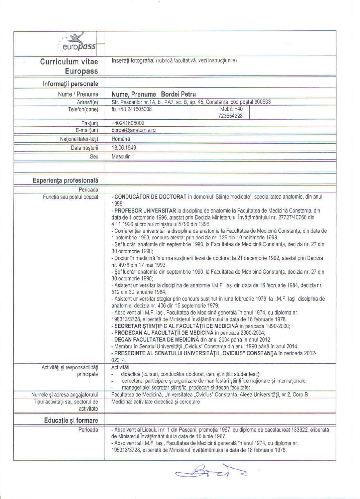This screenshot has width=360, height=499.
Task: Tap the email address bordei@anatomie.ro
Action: pos(133,130)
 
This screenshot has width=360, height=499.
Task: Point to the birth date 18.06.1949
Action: pos(124,148)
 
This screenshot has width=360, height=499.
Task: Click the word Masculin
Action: pos(121,156)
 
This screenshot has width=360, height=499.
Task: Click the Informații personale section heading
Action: pos(70,84)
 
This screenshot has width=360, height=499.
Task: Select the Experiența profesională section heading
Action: pos(66,180)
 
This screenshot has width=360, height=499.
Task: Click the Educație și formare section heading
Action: pos(71,420)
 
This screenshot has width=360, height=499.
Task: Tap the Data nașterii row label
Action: pos(84,148)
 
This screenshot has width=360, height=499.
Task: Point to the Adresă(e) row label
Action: pos(87,102)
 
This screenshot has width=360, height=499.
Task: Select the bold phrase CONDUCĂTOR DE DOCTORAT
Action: pos(150,197)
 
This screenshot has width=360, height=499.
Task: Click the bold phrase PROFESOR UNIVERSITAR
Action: pos(145,211)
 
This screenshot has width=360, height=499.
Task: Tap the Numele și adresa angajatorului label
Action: pos(65,395)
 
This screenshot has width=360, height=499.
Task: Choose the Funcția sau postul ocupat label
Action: pos(71,197)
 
